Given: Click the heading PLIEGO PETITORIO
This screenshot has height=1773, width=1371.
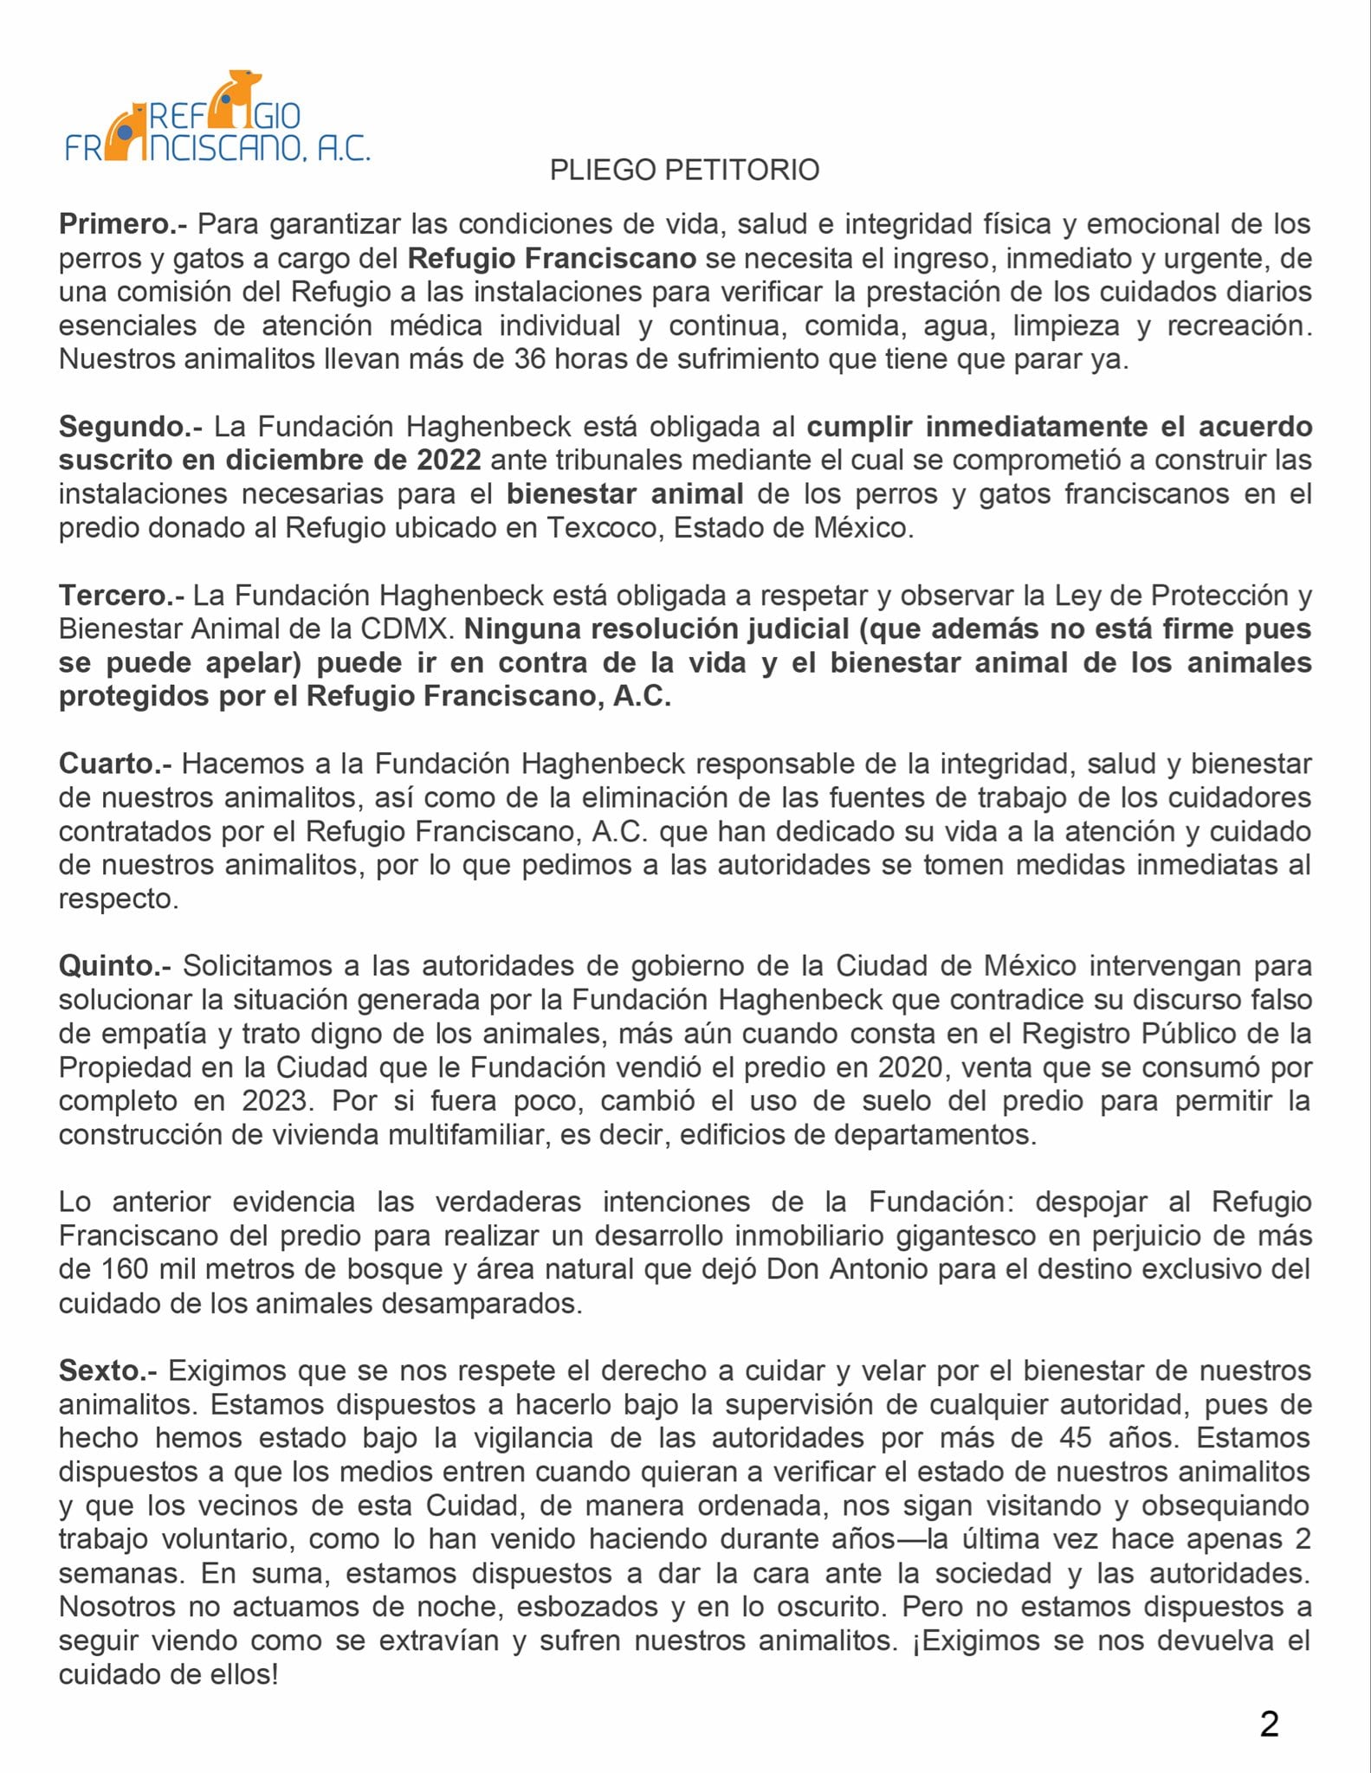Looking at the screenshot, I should (x=684, y=170).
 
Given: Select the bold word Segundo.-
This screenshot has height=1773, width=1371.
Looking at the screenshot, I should (x=131, y=427).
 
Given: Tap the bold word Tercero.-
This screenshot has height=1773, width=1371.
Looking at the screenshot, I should (x=121, y=596).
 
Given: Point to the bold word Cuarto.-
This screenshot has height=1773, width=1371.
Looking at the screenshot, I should (x=115, y=764).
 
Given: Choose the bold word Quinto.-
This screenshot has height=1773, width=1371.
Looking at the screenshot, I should (x=116, y=966).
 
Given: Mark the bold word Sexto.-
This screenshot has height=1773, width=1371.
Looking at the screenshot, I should (x=108, y=1370).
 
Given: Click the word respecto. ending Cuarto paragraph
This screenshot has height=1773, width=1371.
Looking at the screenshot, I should (x=119, y=899).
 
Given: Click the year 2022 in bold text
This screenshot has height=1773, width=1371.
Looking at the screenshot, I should (x=449, y=460).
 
